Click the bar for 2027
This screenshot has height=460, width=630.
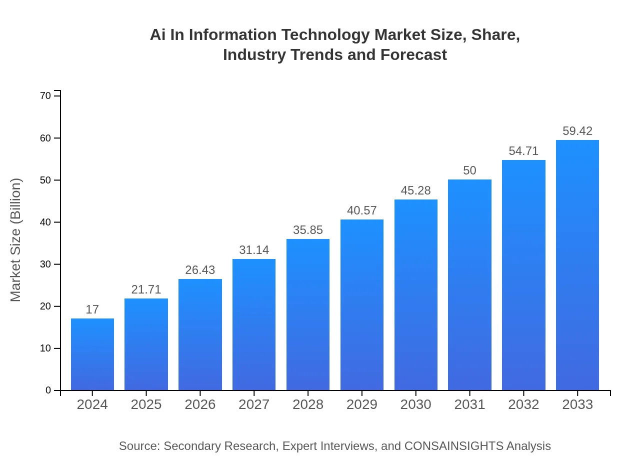pyautogui.click(x=254, y=324)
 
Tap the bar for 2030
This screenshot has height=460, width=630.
pyautogui.click(x=415, y=294)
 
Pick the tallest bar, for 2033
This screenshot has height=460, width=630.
pyautogui.click(x=577, y=265)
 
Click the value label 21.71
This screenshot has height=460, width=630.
pyautogui.click(x=146, y=289)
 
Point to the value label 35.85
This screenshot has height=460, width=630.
pyautogui.click(x=308, y=230)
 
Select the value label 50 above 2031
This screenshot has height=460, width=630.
pyautogui.click(x=469, y=170)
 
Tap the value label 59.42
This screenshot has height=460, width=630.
pyautogui.click(x=577, y=131)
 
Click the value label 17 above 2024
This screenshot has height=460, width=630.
pyautogui.click(x=92, y=309)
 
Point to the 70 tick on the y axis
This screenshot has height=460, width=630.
pyautogui.click(x=45, y=96)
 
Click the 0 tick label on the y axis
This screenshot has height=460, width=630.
pyautogui.click(x=48, y=390)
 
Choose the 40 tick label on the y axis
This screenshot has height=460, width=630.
pyautogui.click(x=45, y=222)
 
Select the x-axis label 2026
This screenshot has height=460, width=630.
pyautogui.click(x=200, y=404)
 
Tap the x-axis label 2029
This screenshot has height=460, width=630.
pyautogui.click(x=362, y=404)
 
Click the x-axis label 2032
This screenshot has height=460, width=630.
pyautogui.click(x=523, y=404)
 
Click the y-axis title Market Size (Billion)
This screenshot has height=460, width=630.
pyautogui.click(x=16, y=240)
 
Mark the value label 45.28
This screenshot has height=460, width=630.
pyautogui.click(x=415, y=190)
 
